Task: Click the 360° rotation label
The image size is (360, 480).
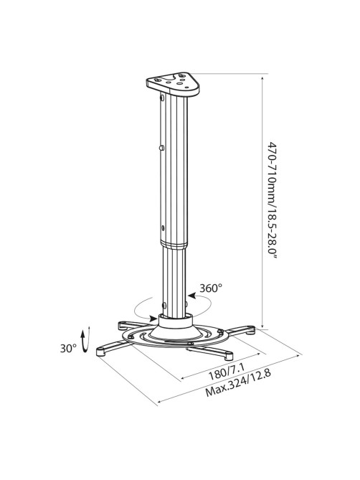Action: (211, 288)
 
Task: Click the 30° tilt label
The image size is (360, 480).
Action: (68, 348)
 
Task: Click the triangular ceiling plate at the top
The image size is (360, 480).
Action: (173, 83)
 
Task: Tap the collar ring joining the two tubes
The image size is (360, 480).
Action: (174, 244)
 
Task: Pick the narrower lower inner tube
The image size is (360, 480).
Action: (174, 282)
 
